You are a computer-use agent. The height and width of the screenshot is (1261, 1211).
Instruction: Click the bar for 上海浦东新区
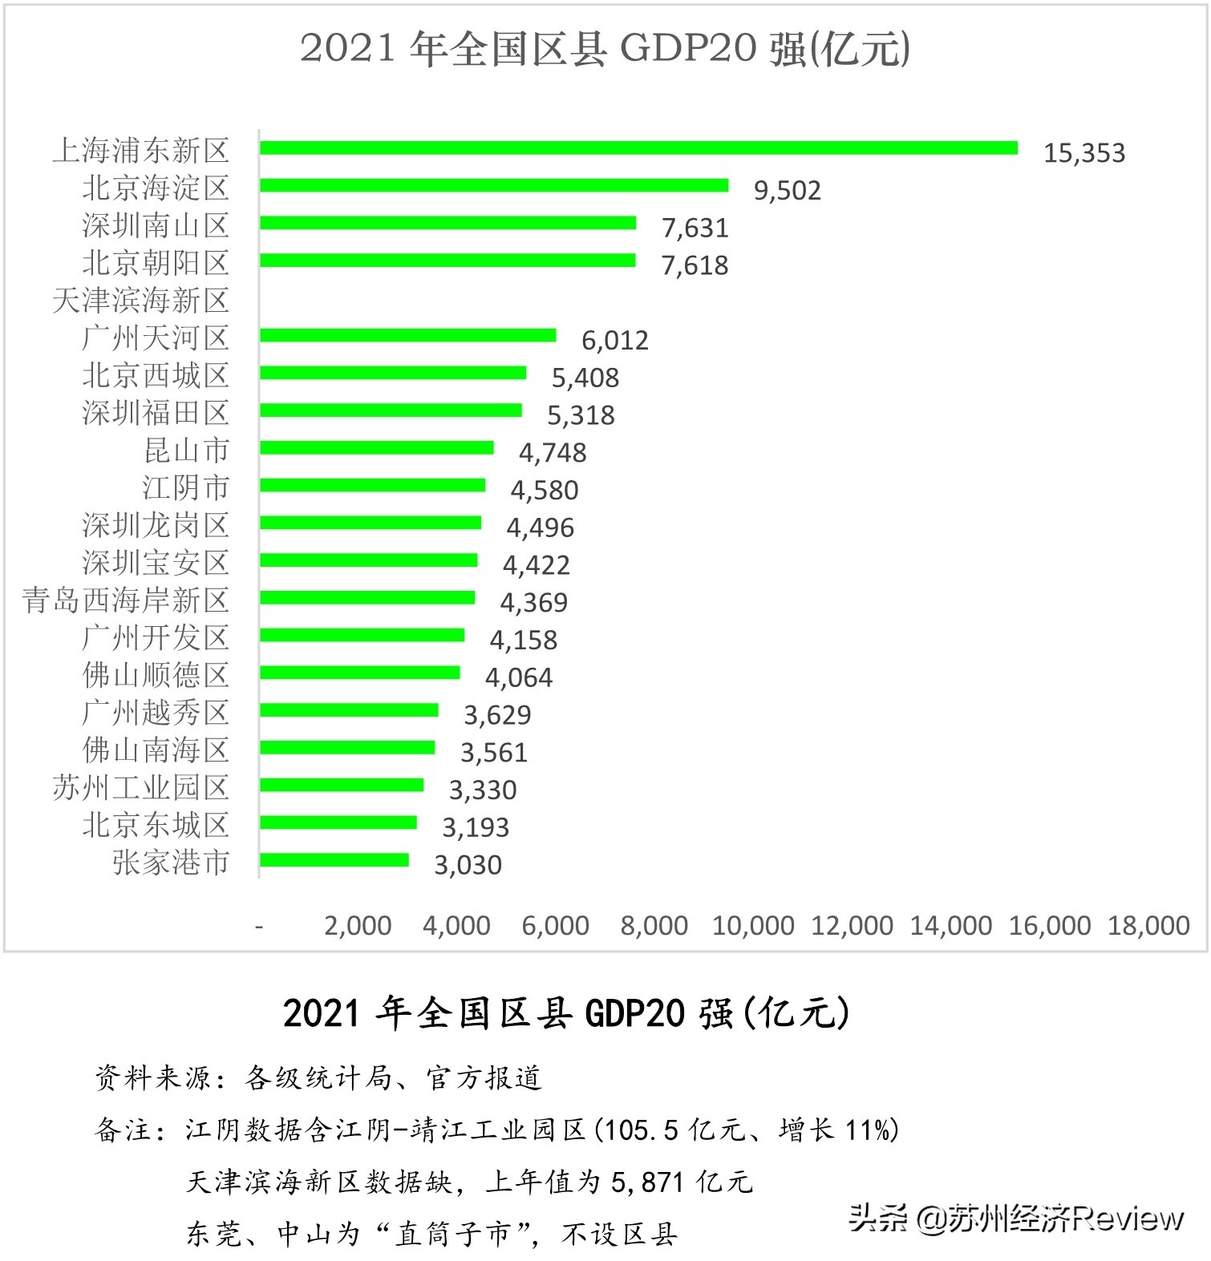(x=638, y=148)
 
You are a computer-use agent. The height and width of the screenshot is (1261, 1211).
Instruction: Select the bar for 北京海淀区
(x=494, y=186)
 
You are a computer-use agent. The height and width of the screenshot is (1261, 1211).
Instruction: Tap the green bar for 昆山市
(x=376, y=448)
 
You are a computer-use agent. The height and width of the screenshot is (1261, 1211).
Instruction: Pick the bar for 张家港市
(x=334, y=860)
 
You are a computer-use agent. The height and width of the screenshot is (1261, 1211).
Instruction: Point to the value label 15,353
(x=1084, y=153)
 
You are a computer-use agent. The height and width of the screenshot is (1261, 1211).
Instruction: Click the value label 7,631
(x=695, y=228)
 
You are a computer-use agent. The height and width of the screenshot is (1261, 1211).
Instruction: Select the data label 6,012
(x=614, y=341)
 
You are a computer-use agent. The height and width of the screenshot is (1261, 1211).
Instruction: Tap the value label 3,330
(x=482, y=790)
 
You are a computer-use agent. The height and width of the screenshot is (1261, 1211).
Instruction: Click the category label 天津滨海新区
(x=141, y=301)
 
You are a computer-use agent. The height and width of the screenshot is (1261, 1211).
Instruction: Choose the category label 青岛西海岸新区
(x=126, y=600)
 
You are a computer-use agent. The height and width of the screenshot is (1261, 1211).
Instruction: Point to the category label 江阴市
(x=186, y=487)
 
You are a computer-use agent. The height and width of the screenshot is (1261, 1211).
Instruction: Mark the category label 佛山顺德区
(x=156, y=675)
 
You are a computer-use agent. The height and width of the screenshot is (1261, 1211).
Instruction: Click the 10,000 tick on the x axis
(x=753, y=926)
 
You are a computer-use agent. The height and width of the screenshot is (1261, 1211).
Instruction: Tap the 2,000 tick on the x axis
(x=358, y=926)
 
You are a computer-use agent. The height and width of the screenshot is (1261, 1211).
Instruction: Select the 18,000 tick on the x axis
(x=1148, y=926)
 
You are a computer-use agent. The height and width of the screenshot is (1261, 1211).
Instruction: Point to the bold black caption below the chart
(x=565, y=1013)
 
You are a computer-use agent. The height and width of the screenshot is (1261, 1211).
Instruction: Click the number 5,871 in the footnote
(x=648, y=1182)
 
